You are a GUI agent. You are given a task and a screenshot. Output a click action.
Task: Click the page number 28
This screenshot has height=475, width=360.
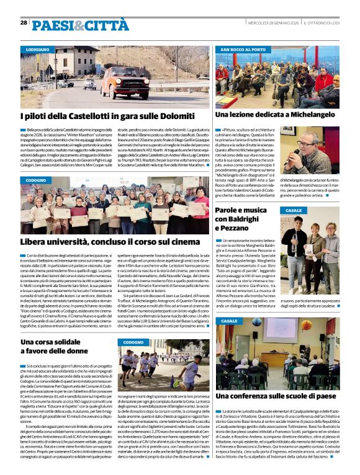click(24, 22)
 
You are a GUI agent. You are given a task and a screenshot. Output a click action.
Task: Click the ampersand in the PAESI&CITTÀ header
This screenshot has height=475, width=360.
click(69, 25)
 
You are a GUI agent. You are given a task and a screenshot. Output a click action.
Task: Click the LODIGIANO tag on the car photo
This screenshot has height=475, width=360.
click(38, 48)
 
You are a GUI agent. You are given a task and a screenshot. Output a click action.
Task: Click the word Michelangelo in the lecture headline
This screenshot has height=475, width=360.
click(302, 115)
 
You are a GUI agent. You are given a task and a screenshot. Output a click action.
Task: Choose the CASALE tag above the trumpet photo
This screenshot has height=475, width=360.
click(294, 211)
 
